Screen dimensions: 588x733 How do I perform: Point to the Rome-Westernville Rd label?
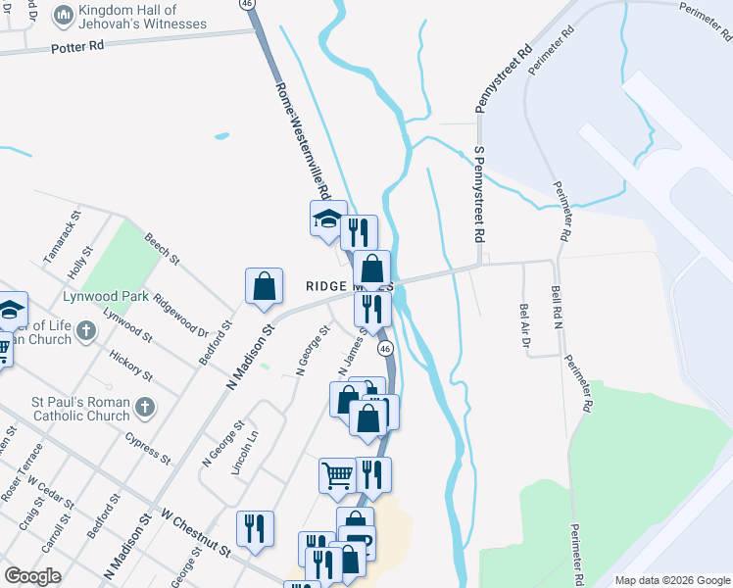point(304,138)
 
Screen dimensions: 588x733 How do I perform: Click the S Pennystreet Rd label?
point(479,195)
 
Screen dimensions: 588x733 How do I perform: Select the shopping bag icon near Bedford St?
point(264,286)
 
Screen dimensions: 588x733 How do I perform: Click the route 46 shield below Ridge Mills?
point(385,349)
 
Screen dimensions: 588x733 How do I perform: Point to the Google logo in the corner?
point(32,576)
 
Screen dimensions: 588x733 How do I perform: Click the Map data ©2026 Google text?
point(672,580)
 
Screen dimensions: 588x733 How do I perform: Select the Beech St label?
point(162,249)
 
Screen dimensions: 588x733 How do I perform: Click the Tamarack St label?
point(60,234)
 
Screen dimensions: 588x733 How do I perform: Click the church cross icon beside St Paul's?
point(144,407)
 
